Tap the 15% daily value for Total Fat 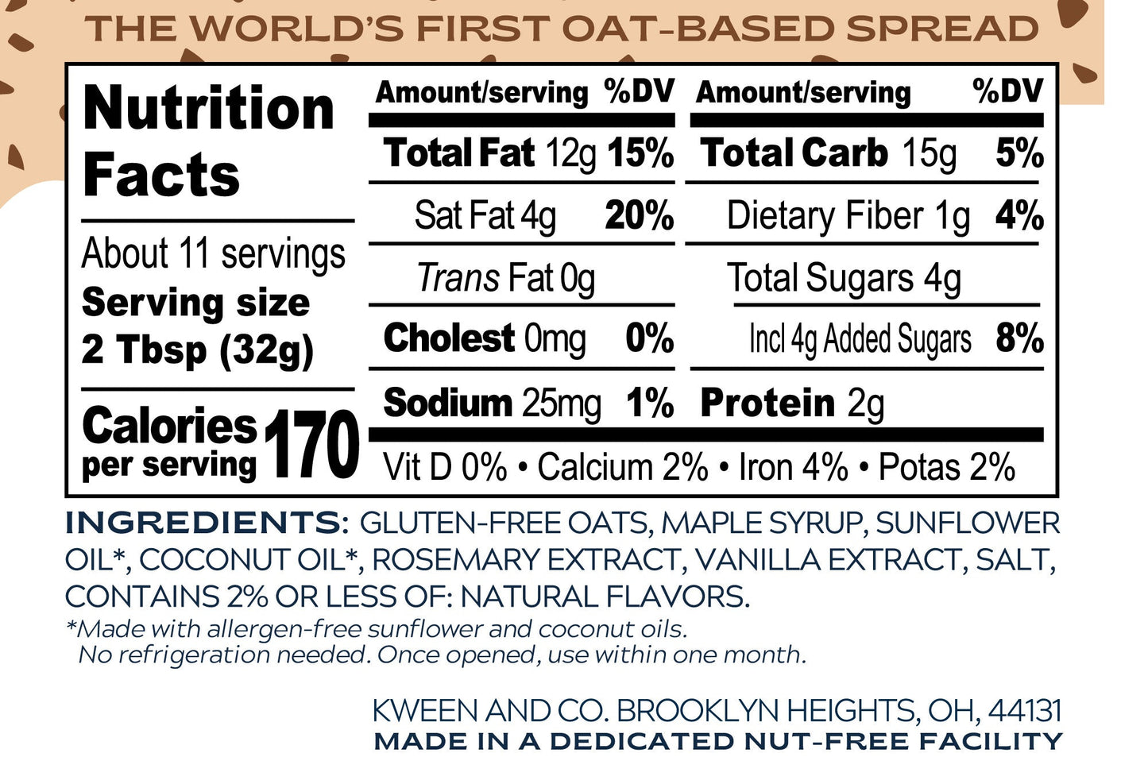pos(640,153)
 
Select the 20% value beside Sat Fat pos(639,215)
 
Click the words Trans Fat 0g pos(506,278)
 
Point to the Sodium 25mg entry pos(492,403)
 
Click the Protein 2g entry pos(791,403)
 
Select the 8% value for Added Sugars pos(1019,339)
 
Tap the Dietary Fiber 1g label pos(848,216)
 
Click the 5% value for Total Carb pos(1019,153)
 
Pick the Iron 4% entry pos(793,467)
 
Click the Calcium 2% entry pos(622,467)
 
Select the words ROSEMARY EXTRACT pos(524,560)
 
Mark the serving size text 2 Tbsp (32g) pos(198,350)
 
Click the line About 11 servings pos(214,254)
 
